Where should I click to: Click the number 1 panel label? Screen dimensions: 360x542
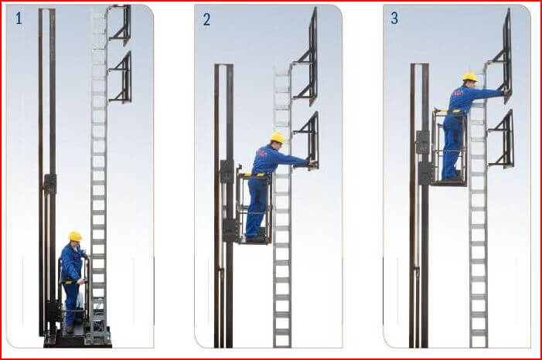tap(18, 18)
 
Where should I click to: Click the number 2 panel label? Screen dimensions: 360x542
tap(206, 19)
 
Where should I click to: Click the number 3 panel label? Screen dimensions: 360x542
tap(394, 18)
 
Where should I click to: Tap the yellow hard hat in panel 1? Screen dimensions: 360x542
tap(75, 236)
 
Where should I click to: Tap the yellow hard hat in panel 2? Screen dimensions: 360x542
tap(277, 138)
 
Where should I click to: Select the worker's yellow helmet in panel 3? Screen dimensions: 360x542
tap(469, 76)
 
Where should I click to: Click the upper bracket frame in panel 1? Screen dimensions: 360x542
tap(121, 25)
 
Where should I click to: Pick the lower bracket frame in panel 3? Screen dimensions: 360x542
tap(503, 139)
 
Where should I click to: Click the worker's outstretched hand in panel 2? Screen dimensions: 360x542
tap(312, 163)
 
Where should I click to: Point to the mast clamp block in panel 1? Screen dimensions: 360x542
tap(50, 184)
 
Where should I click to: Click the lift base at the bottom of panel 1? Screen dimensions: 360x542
tap(77, 338)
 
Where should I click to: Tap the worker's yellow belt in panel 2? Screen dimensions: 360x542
tap(255, 175)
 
